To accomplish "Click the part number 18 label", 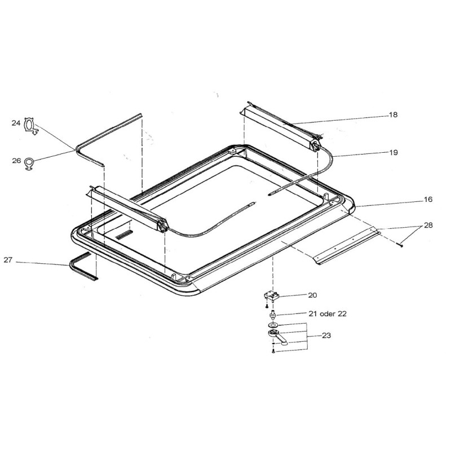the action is pos(393,115).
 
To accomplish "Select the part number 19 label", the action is pos(393,152).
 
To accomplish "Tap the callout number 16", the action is pos(428,200).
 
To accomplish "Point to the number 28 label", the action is pos(428,225).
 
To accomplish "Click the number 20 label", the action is pos(312,295).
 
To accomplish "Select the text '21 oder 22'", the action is pos(328,313).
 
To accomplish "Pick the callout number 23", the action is pos(326,335).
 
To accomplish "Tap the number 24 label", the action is pos(16,123).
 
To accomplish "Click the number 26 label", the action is pos(16,161).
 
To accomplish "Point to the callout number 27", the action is pos(8,260).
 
